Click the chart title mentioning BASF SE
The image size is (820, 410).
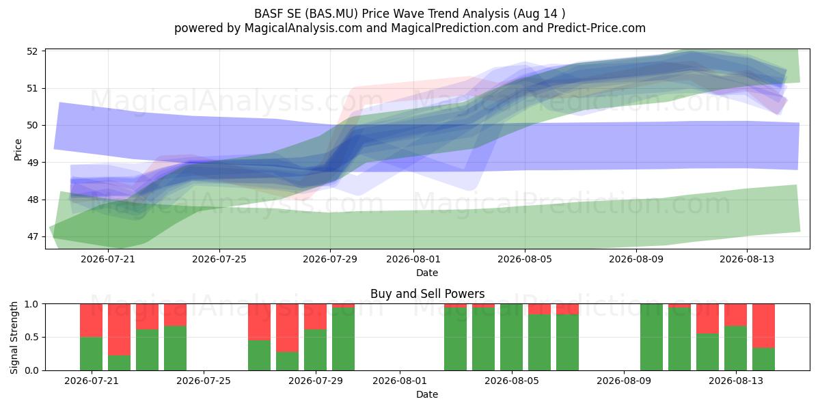[x=409, y=14]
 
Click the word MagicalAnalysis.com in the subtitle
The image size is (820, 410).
[x=303, y=28]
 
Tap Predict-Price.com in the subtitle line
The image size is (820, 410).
[x=597, y=28]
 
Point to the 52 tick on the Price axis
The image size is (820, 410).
[x=32, y=51]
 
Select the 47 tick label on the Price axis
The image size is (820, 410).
[x=32, y=237]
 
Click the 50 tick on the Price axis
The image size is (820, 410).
[x=32, y=126]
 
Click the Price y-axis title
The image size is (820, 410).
[x=18, y=150]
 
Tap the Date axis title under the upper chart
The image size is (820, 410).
[x=427, y=273]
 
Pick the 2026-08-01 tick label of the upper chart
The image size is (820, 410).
[x=413, y=259]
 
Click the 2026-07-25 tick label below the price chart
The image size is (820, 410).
[x=219, y=259]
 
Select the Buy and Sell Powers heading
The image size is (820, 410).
[x=427, y=294]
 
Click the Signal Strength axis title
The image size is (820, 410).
[x=14, y=338]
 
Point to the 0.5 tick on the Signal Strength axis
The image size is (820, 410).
[x=31, y=337]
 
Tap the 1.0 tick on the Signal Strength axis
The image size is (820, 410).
[x=31, y=304]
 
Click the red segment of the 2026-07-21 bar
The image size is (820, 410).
[x=91, y=320]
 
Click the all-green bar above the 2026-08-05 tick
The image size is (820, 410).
[x=511, y=337]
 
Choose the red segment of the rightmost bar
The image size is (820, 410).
[x=763, y=326]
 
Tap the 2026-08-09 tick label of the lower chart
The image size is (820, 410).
[x=624, y=381]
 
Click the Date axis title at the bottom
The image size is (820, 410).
[x=427, y=394]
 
